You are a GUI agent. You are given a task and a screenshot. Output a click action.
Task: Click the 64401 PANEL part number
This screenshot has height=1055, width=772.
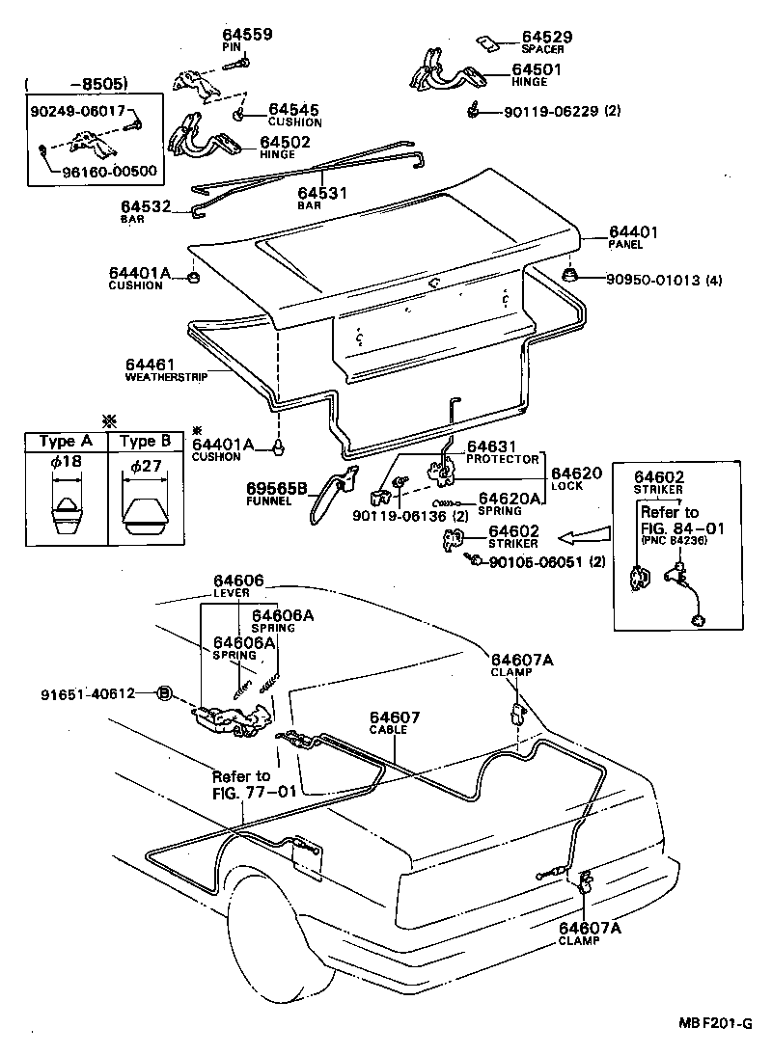(633, 232)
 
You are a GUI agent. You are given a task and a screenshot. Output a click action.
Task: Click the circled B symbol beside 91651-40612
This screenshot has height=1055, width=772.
(164, 692)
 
